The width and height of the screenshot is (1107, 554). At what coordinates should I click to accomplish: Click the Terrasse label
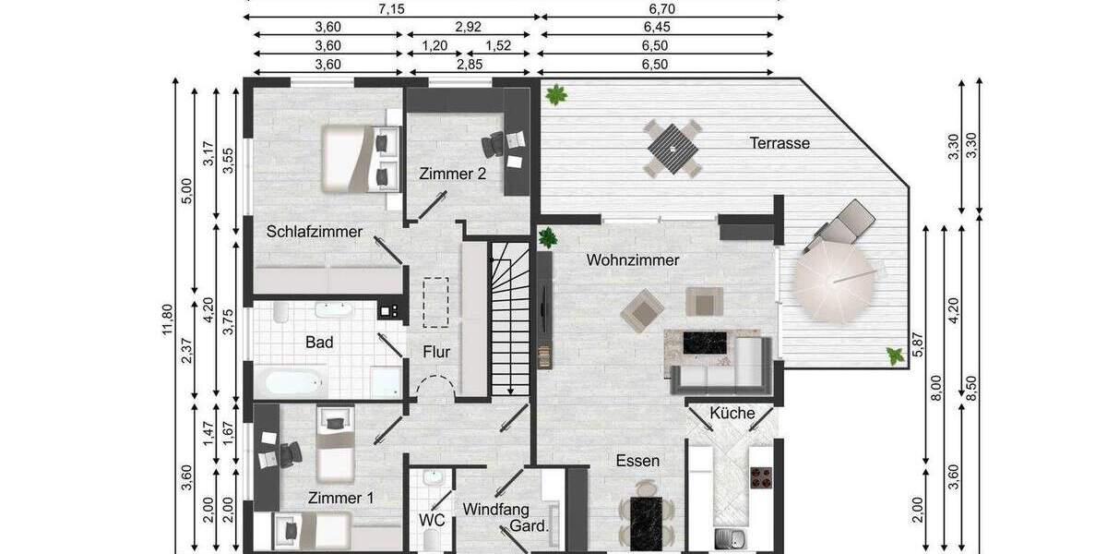point(780,143)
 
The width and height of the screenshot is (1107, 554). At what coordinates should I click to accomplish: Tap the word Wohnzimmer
point(633,260)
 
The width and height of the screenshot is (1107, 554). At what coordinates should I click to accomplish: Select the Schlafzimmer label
point(315,232)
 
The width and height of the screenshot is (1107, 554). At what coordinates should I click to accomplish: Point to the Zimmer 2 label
point(452,173)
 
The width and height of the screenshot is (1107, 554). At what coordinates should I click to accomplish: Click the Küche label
point(732,413)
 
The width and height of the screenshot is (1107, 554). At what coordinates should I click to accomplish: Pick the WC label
point(432,520)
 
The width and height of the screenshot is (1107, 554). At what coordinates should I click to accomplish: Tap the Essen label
point(638,460)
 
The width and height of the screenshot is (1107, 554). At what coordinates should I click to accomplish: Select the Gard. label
point(530,528)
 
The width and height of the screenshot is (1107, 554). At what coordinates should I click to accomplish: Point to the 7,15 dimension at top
point(393,7)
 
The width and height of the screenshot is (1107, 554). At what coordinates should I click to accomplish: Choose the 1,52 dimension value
point(498,45)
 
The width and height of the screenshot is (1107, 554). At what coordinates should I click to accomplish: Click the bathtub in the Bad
point(291,380)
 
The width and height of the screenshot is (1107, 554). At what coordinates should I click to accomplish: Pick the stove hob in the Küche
point(762,478)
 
